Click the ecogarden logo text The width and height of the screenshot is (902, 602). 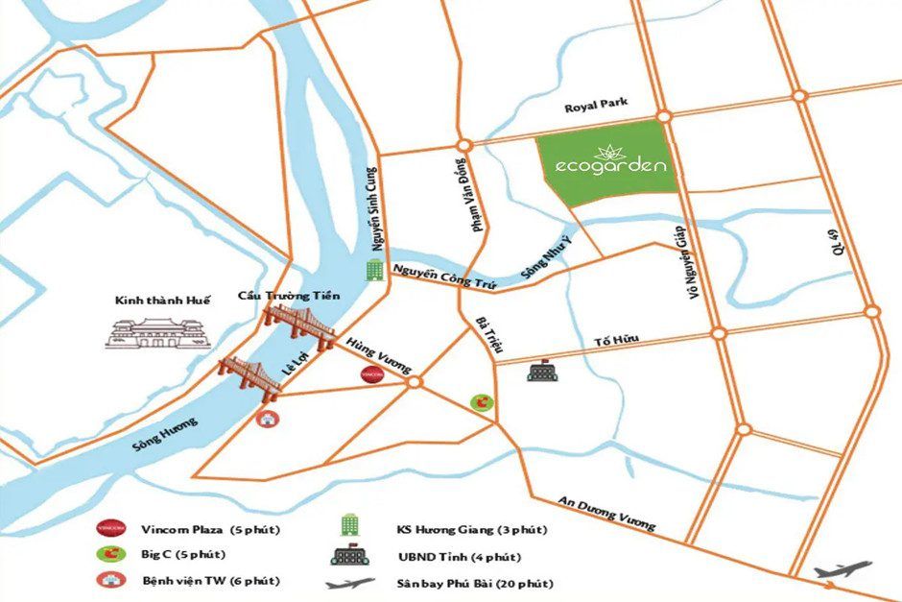pyautogui.click(x=610, y=166)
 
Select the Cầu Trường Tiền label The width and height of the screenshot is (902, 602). pyautogui.click(x=289, y=297)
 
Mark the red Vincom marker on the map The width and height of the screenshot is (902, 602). pyautogui.click(x=370, y=374)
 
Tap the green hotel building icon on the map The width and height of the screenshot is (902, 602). pyautogui.click(x=372, y=271)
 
